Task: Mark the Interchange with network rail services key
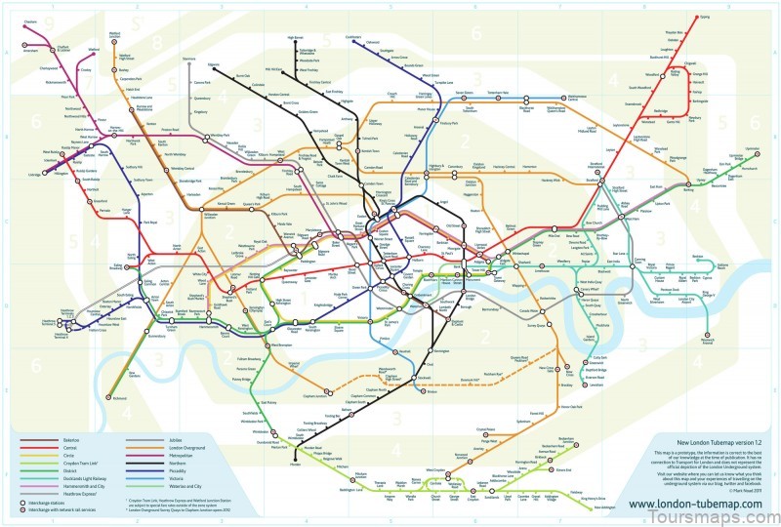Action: (x=61, y=509)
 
